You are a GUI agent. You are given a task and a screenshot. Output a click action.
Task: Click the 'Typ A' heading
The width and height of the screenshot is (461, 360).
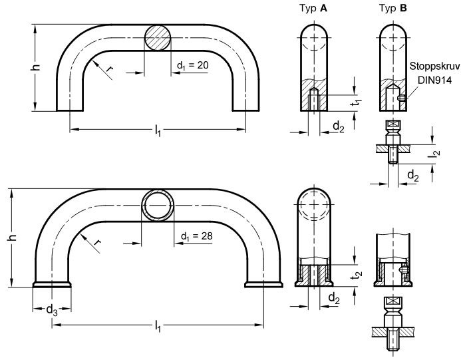313,9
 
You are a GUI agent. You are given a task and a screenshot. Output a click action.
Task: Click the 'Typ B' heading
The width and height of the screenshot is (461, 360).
392,9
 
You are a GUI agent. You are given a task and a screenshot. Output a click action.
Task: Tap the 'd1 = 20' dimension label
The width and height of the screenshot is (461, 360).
192,65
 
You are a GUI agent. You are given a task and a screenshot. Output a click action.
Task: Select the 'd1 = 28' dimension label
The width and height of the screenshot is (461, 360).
196,236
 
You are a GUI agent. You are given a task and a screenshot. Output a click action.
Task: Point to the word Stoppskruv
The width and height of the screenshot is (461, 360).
434,67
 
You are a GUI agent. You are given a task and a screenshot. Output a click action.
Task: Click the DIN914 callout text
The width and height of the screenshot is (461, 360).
434,80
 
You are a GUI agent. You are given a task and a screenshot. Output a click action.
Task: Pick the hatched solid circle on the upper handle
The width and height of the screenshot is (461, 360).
157,38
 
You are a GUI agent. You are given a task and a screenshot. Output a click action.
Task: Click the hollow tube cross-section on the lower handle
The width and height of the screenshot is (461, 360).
158,206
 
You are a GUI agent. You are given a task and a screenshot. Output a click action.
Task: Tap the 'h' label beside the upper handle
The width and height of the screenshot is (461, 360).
35,67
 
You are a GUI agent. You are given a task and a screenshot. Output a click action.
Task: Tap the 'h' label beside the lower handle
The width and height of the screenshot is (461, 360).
13,238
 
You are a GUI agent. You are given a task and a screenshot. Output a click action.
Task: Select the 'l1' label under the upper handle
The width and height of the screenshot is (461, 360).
158,130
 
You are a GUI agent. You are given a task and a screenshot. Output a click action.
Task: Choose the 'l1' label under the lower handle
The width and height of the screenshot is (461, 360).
158,327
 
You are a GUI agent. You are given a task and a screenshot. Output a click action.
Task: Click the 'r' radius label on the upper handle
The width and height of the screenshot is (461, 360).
109,69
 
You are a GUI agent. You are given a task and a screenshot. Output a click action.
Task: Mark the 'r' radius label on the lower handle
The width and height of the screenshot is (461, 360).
98,242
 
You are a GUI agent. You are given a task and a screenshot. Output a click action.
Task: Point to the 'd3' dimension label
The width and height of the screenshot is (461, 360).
52,310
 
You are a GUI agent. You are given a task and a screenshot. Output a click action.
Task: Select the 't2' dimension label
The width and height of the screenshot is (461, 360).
358,274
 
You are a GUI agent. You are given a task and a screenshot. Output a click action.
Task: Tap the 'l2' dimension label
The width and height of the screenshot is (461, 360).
436,154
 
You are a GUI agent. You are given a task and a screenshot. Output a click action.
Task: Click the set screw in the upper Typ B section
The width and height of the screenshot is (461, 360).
402,98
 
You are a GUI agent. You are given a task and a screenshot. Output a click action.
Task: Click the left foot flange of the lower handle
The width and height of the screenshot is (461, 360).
52,284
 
